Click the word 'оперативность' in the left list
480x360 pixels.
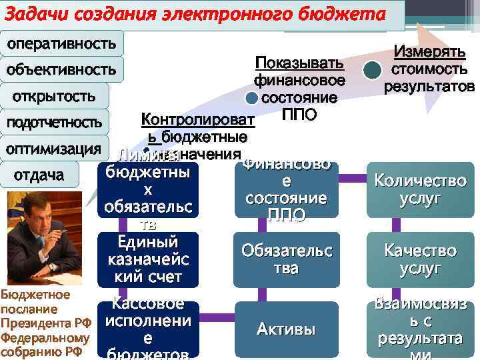tap(61, 44)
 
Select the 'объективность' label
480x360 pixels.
tap(61, 69)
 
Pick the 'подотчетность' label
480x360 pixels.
tap(54, 123)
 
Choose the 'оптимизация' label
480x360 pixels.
tap(53, 148)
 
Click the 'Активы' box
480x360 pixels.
tap(286, 329)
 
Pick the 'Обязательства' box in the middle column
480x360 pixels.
tap(286, 259)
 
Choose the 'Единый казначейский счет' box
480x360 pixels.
tap(147, 258)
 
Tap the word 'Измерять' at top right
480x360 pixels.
tap(429, 52)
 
